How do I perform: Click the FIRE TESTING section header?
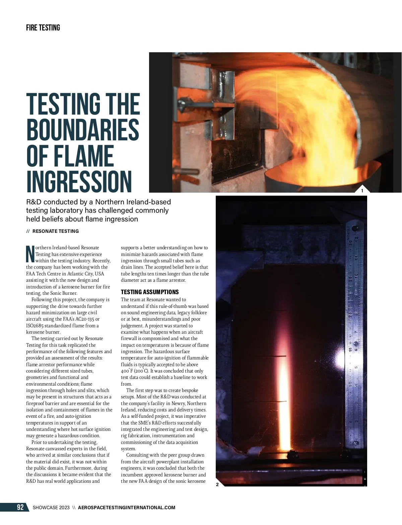[x=43, y=28]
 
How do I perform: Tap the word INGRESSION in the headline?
[x=79, y=182]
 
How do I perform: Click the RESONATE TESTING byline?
[x=56, y=231]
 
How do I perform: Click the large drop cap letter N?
[x=30, y=254]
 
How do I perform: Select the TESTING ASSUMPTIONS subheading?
[x=150, y=292]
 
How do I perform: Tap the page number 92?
[x=20, y=507]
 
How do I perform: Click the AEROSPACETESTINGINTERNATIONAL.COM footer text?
[x=126, y=508]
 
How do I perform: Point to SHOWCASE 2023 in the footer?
[x=51, y=508]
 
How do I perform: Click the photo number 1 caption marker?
[x=362, y=191]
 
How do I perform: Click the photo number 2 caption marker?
[x=217, y=484]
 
